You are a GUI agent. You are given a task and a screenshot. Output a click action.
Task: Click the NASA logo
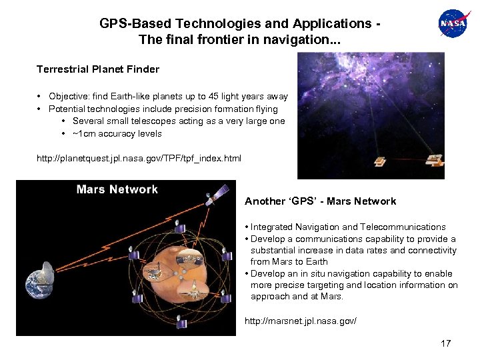(x=454, y=24)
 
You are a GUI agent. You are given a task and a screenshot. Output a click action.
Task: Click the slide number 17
(x=445, y=343)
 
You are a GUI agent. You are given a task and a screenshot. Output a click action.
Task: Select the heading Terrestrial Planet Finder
(x=98, y=69)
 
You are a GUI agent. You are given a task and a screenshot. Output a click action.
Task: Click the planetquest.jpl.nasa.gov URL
(x=139, y=159)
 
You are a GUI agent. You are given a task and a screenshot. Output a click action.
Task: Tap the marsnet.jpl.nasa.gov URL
(x=301, y=321)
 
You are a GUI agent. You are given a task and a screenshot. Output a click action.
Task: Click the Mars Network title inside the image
(x=117, y=189)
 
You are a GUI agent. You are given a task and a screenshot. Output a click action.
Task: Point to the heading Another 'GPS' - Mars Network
(x=320, y=201)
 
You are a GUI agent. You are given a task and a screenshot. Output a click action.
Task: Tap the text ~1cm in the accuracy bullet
(x=84, y=133)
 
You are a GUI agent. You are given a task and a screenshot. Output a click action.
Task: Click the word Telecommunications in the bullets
(x=405, y=227)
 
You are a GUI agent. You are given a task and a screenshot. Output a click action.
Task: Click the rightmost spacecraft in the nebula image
(x=434, y=161)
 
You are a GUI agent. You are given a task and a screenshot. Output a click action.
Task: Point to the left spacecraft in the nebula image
(x=380, y=162)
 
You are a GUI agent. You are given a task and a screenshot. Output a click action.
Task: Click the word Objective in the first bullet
(x=69, y=97)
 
